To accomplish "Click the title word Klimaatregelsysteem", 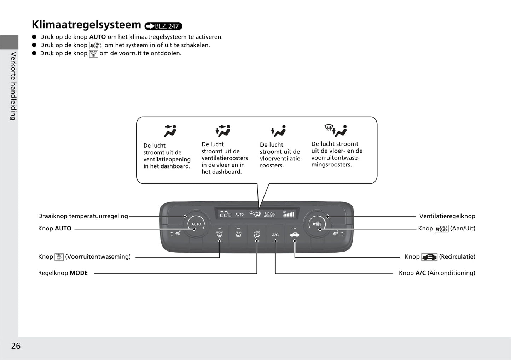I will click(x=86, y=25).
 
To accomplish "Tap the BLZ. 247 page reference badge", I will click(x=163, y=26).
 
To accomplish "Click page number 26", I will click(x=16, y=346).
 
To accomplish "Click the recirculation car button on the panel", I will click(x=294, y=235).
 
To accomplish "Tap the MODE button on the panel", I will click(x=257, y=235).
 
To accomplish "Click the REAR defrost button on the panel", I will click(x=238, y=235).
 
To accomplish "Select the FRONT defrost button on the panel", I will click(x=220, y=235).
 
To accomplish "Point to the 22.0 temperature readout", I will click(x=225, y=214).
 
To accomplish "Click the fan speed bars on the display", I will click(x=289, y=214).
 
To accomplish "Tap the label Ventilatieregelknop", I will click(x=447, y=216).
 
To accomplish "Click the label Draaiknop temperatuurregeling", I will click(x=83, y=216).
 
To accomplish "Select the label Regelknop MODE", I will click(x=63, y=273).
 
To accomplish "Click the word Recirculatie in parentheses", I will click(x=457, y=257).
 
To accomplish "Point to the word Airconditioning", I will click(x=451, y=273).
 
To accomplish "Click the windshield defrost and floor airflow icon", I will click(x=336, y=131).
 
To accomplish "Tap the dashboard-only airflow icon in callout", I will click(x=170, y=131).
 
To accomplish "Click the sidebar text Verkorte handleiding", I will click(x=13, y=86).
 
